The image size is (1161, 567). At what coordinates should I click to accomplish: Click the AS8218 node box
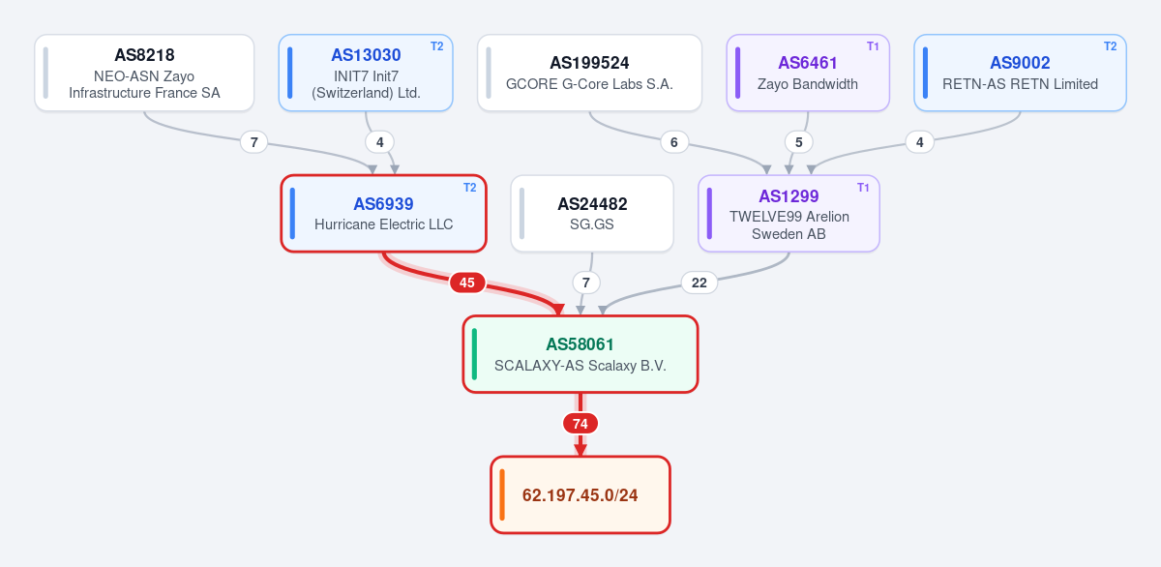pos(144,74)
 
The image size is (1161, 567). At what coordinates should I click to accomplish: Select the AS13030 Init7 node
pos(366,74)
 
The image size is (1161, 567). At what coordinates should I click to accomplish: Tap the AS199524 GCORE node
pos(589,74)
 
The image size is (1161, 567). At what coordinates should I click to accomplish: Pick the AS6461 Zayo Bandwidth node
pos(808,74)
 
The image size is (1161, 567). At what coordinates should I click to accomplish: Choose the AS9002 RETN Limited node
pos(1020,74)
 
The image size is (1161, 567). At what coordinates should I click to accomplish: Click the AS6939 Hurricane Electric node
pos(383,214)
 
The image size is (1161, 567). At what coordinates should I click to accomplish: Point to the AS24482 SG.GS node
pos(592,214)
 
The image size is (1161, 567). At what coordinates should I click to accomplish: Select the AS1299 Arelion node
pos(789,214)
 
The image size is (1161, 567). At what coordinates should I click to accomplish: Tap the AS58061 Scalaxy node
pos(580,354)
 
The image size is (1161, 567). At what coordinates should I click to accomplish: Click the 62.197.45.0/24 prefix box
pos(580,495)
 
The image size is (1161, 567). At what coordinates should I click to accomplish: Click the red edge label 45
pos(467,283)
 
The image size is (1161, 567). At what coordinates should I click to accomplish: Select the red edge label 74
pos(580,424)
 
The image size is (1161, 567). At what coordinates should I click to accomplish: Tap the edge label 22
pos(700,283)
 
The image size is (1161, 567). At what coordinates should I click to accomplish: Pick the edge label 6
pos(674,142)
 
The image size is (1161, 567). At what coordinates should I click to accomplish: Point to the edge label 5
pos(799,142)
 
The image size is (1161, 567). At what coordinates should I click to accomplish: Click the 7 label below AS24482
pos(586,283)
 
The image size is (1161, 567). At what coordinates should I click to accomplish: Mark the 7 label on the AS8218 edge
pos(253,142)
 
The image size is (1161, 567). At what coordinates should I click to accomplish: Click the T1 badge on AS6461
pos(873,46)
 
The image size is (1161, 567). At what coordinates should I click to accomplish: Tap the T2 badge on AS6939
pos(469,188)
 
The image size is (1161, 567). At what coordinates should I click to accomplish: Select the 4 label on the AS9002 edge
pos(920,142)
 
